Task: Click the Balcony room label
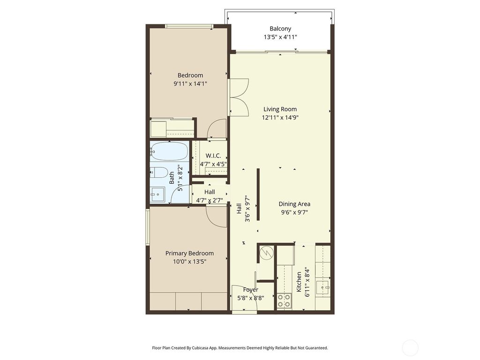(280, 29)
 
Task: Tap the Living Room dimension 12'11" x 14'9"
(280, 118)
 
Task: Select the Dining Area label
(294, 204)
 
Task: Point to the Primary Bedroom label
(189, 253)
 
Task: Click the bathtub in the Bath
(169, 151)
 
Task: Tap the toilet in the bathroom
(159, 172)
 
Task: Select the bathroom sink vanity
(157, 193)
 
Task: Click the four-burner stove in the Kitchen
(284, 300)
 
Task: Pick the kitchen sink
(322, 287)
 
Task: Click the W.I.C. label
(213, 156)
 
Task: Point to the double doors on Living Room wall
(239, 97)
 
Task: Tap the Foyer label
(250, 290)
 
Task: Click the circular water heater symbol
(266, 253)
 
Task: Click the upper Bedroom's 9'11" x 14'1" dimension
(190, 83)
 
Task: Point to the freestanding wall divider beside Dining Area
(258, 200)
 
